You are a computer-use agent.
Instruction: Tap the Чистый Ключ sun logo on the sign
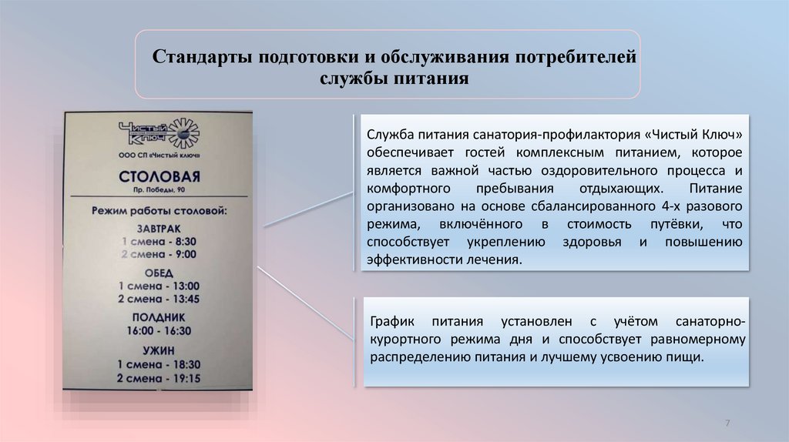(183, 133)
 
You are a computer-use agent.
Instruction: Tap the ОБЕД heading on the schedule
(159, 273)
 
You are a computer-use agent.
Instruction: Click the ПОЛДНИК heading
(159, 317)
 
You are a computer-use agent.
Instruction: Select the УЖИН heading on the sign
(159, 350)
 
